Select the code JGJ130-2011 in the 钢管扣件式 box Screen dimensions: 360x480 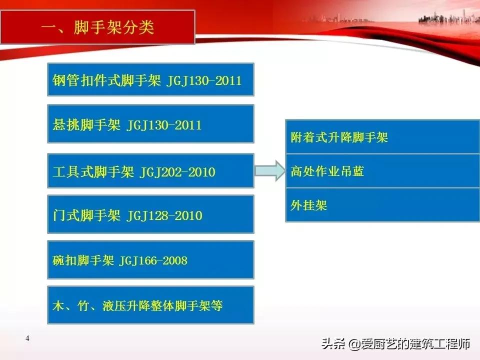point(203,80)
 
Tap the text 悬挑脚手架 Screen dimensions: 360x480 point(86,124)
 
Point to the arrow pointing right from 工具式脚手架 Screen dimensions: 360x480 point(269,171)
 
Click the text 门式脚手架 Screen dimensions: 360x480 point(86,216)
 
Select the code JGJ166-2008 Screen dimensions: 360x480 point(153,260)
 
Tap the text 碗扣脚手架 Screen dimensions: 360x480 point(83,260)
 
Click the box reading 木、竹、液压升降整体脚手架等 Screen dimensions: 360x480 point(150,305)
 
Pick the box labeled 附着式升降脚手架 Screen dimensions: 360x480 point(382,137)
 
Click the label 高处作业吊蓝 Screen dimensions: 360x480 point(327,171)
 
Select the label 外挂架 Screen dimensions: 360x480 point(309,205)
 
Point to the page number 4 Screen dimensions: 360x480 point(27,338)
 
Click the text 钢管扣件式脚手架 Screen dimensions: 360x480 point(108,80)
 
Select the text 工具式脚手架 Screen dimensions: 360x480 point(93,172)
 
